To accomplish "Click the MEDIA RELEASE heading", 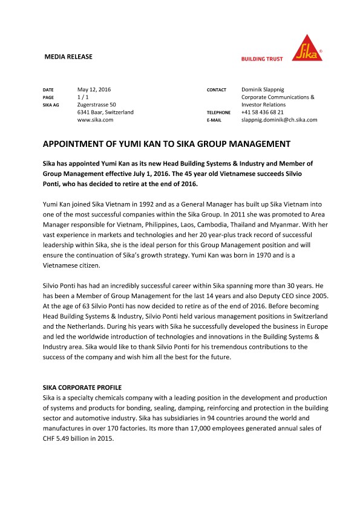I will (x=68, y=57).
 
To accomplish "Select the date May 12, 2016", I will (x=94, y=89).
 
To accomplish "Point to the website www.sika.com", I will (x=96, y=120).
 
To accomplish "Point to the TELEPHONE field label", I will (x=218, y=113).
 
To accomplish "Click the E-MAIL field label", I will (x=214, y=120).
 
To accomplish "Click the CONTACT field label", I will (x=216, y=90).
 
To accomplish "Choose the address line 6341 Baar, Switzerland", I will (x=106, y=112).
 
